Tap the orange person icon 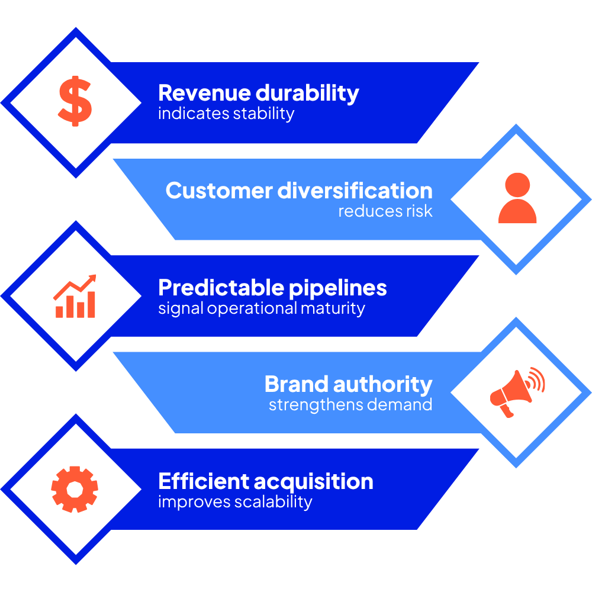click(517, 198)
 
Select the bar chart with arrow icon click(75, 296)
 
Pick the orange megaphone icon click(516, 391)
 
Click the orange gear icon click(75, 489)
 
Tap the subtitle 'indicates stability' click(226, 113)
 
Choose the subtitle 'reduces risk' click(385, 211)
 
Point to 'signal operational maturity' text click(261, 308)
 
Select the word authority click(382, 384)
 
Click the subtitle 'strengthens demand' click(350, 405)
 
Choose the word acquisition click(314, 481)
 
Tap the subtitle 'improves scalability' click(234, 502)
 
